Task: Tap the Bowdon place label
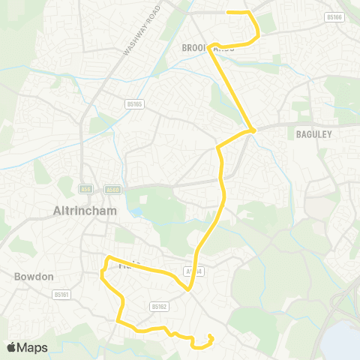[x=34, y=277]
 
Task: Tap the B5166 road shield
[x=334, y=16]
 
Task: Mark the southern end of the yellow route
[x=211, y=337]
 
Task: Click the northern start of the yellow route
[x=228, y=12]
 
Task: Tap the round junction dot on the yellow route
[x=253, y=130]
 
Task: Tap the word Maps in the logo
[x=34, y=347]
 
